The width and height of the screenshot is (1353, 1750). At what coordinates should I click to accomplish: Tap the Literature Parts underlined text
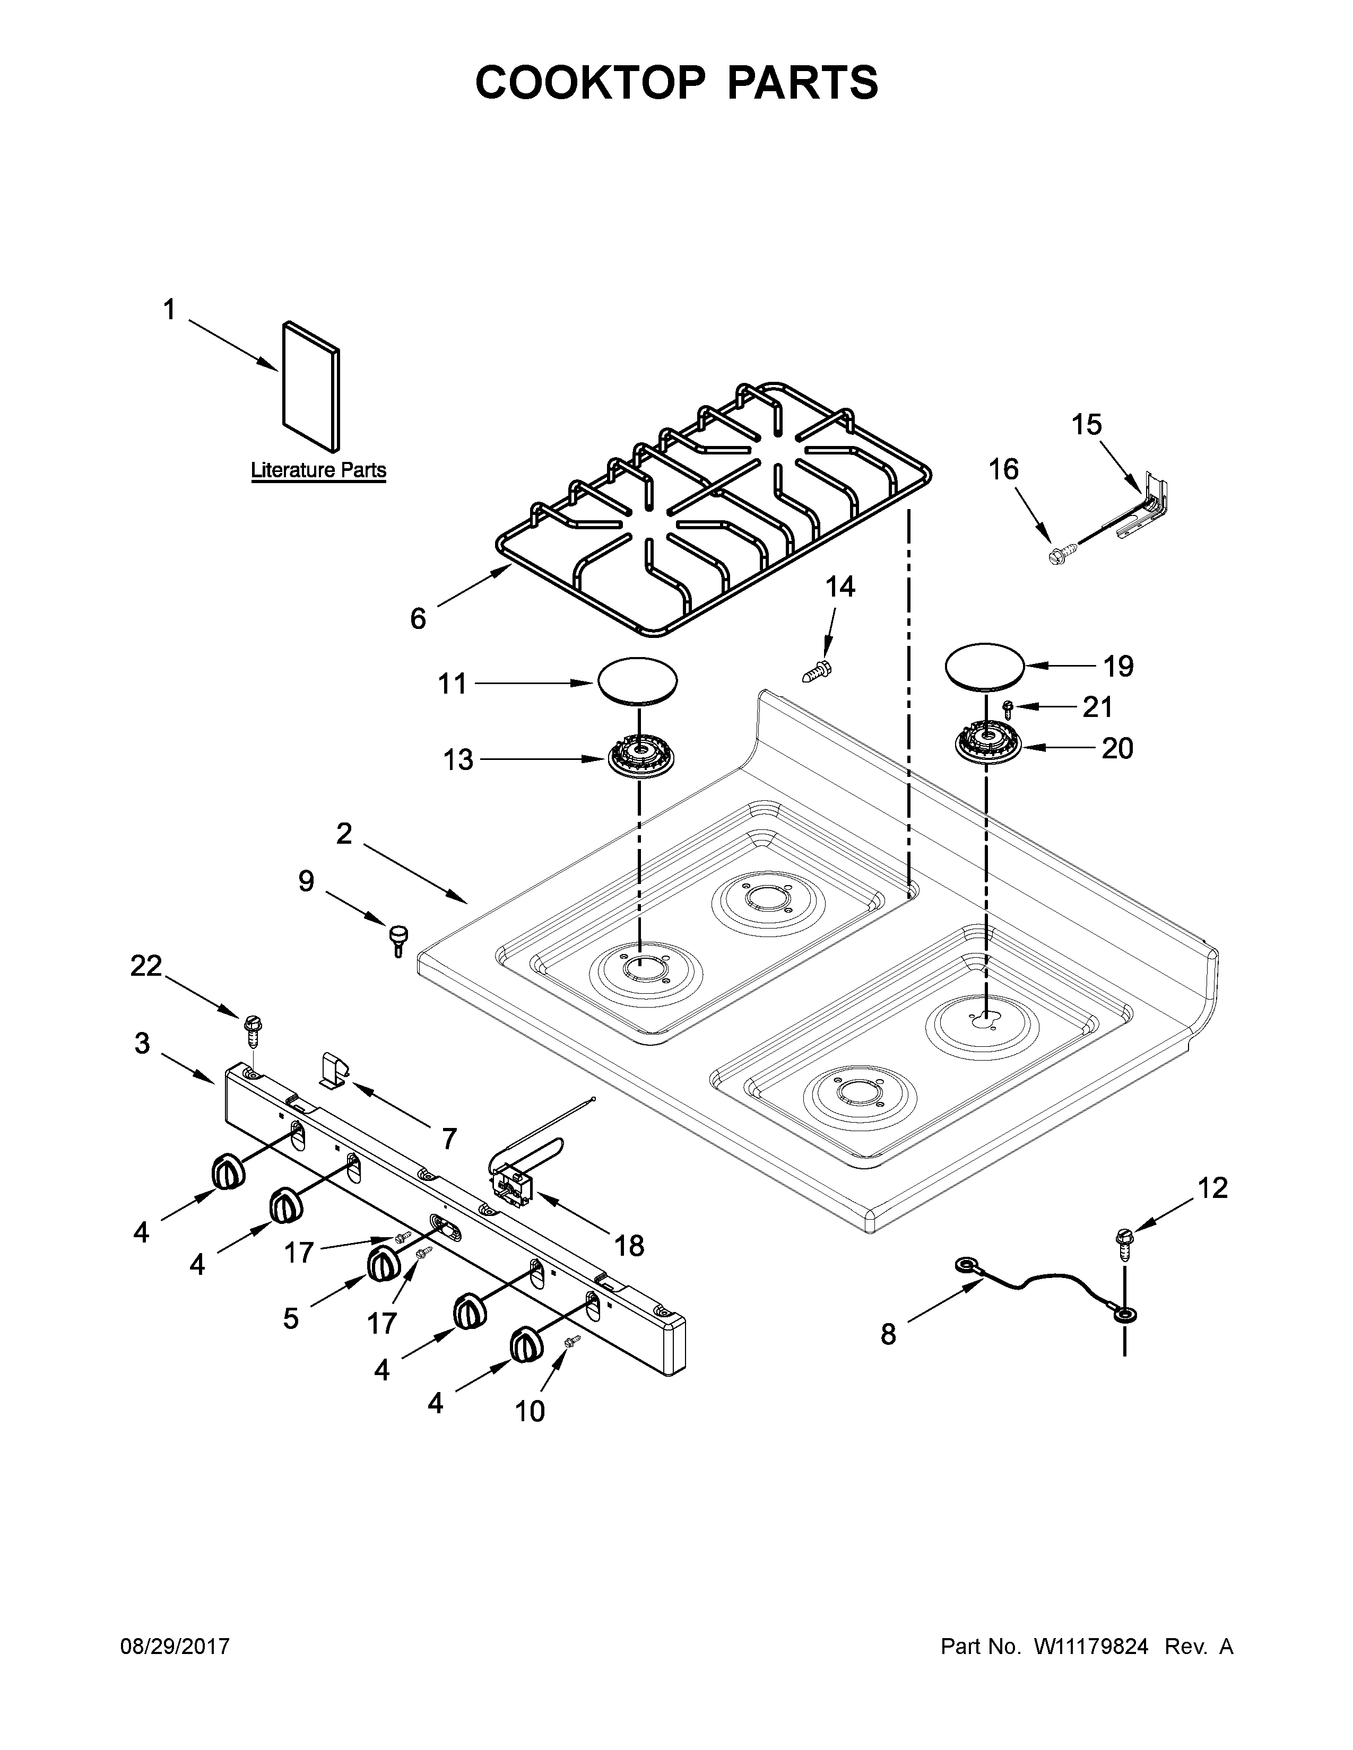click(318, 470)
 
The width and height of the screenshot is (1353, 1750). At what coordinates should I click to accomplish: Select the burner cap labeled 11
click(636, 682)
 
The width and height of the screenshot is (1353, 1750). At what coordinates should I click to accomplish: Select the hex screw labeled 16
click(1059, 554)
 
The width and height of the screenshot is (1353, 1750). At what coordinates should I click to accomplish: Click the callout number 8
click(888, 1334)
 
